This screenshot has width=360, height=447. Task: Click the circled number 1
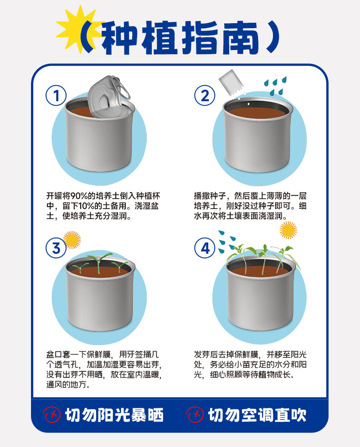coord(56,96)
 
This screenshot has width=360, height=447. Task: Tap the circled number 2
coord(205,96)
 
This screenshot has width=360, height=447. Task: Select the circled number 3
coord(56,248)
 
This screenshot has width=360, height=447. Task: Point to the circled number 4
coord(205,248)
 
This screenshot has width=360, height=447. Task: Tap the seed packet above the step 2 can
coord(231,82)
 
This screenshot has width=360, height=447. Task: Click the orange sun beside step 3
coord(72,240)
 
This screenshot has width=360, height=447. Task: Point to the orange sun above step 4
coord(288,230)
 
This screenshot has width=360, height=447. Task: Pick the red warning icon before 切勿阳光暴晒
coord(52,415)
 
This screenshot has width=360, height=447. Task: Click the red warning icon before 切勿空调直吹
coord(195,415)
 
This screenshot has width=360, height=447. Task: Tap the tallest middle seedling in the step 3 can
coord(99,263)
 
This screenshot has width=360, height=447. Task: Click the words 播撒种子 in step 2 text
coord(210,196)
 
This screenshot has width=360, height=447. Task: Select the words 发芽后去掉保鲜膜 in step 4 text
coord(226,355)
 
